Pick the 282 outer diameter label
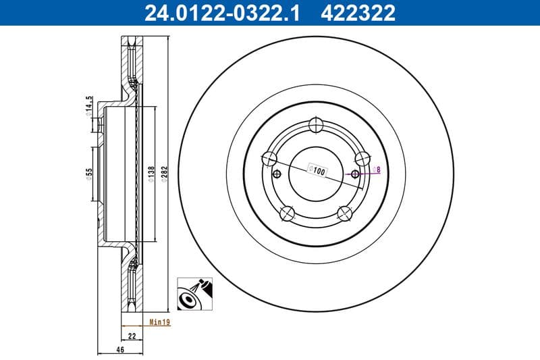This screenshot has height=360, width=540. coord(164,173)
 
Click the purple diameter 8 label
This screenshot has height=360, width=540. coord(377,170)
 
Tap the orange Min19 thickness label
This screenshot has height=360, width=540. coord(160,323)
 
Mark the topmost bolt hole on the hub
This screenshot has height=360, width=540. coord(316,125)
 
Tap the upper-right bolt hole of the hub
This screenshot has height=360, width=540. coord(362,159)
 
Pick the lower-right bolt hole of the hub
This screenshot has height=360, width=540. coord(345,213)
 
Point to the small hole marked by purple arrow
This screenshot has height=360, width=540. coord(356,174)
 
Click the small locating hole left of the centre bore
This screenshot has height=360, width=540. coord(275,174)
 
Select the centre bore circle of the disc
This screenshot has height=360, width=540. coord(316,174)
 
